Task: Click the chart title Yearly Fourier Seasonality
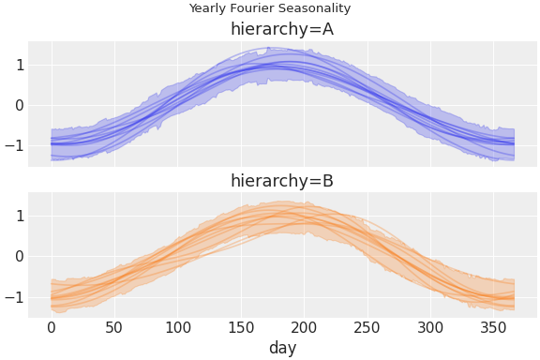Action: tap(270, 8)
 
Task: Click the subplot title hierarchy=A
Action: tap(282, 29)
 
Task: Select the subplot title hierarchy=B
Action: tap(282, 181)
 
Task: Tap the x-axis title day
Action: tap(282, 349)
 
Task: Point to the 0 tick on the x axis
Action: tap(52, 328)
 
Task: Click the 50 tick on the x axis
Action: tap(114, 328)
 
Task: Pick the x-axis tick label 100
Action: tap(178, 328)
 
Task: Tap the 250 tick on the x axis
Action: tap(367, 328)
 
